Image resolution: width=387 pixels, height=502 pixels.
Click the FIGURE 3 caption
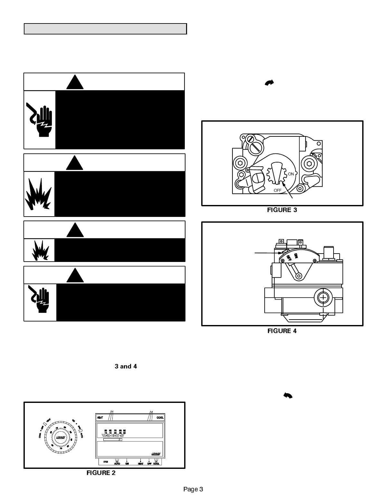[x=282, y=210]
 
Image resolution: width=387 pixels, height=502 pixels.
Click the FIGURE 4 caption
[x=282, y=331]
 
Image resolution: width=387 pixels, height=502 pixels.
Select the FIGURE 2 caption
[x=101, y=473]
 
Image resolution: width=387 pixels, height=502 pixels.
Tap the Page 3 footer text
[x=193, y=489]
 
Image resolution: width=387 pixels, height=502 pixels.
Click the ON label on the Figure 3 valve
[x=291, y=174]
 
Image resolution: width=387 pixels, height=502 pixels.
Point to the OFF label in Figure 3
[x=278, y=190]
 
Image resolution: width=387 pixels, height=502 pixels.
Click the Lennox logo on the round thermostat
[x=60, y=437]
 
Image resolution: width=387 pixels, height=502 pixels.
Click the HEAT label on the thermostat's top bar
[x=100, y=418]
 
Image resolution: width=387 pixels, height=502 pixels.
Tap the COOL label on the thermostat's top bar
[x=160, y=418]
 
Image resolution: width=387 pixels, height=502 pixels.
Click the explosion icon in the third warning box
[x=40, y=250]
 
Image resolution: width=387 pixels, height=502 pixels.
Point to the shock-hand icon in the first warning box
[x=40, y=120]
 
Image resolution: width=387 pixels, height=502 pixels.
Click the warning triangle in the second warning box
[x=75, y=163]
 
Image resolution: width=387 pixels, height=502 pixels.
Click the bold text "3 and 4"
[x=126, y=367]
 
